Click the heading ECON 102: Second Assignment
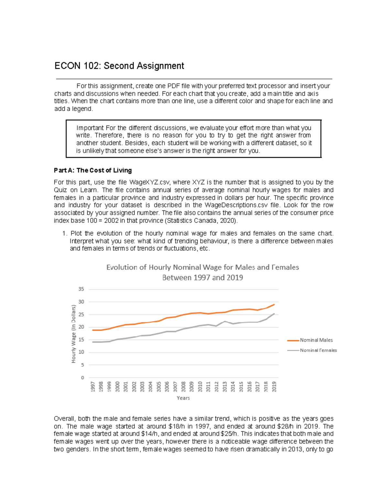click(x=119, y=66)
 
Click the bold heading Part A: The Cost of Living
click(x=93, y=170)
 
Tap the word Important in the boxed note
click(x=90, y=128)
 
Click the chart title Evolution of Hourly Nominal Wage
click(x=202, y=267)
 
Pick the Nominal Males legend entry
click(x=316, y=340)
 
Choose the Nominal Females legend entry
click(x=318, y=350)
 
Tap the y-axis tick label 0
click(x=82, y=378)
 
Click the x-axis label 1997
click(x=93, y=387)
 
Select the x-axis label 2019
click(x=274, y=387)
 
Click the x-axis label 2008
click(x=183, y=387)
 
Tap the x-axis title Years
click(x=183, y=398)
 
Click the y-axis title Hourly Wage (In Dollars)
click(x=73, y=334)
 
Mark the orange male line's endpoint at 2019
click(x=274, y=304)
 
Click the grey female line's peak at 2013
click(x=225, y=321)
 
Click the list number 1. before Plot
click(x=65, y=234)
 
